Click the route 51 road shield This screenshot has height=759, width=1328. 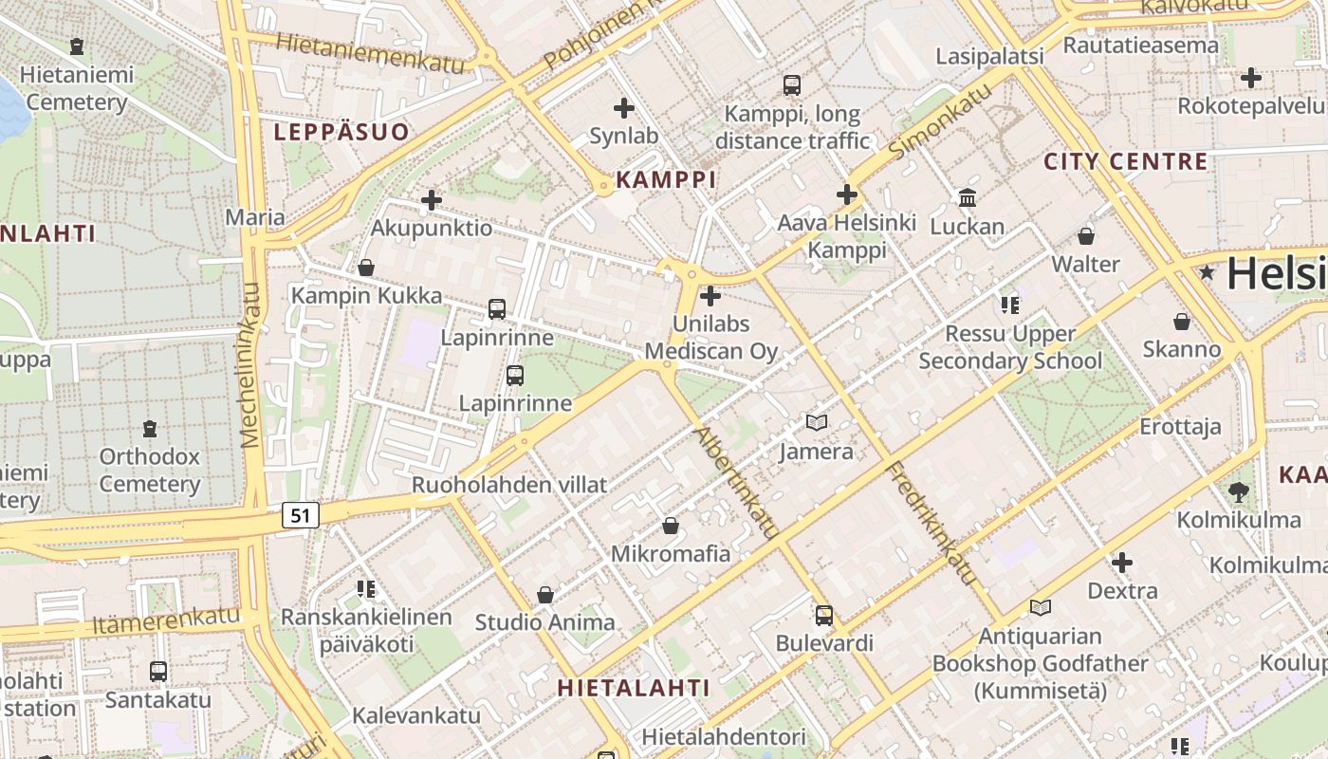coord(300,515)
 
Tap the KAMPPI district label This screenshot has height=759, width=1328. coord(666,179)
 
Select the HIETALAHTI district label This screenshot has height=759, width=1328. coord(633,687)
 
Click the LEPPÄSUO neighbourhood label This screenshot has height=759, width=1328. coord(341,132)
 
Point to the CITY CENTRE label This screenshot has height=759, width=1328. coord(1126,161)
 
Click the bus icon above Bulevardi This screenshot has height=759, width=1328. coord(823,615)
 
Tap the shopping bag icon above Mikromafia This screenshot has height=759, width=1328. coord(671,525)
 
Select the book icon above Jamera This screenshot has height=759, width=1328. coord(816,422)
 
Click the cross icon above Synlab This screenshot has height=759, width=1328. coord(623,107)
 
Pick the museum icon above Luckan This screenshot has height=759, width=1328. coord(967,197)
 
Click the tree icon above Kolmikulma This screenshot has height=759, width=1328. coord(1238,491)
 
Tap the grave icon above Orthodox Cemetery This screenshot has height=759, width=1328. coord(149,428)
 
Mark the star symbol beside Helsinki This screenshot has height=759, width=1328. coord(1207,273)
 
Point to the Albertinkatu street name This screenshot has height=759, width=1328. coord(736,483)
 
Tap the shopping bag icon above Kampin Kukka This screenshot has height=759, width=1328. coord(365,268)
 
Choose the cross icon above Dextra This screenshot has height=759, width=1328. coord(1121,563)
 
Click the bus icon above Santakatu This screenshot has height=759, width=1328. coord(158,671)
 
